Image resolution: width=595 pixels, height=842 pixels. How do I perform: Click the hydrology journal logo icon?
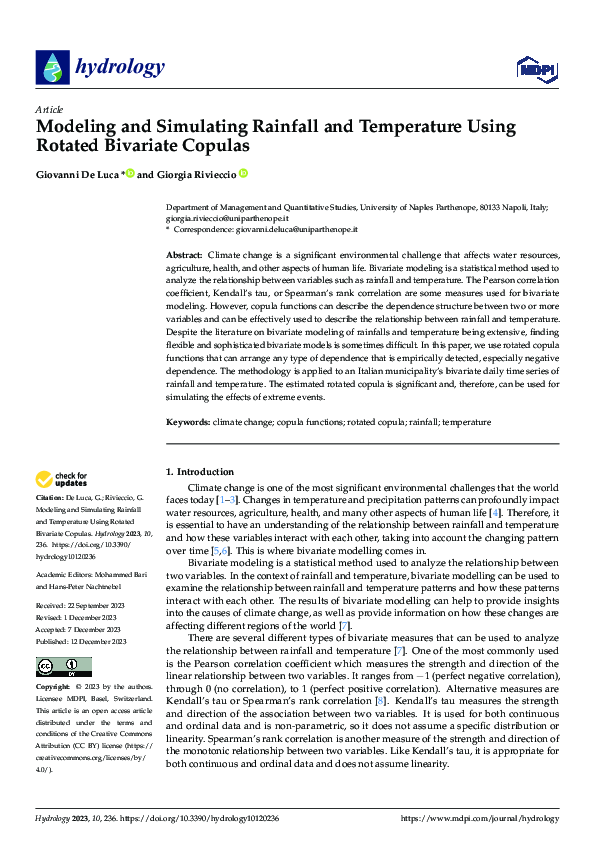click(51, 68)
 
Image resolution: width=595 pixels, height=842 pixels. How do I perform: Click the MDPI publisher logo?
click(537, 68)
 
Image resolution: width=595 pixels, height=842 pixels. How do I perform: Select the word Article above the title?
click(49, 109)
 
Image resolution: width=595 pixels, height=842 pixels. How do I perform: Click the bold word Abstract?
click(184, 256)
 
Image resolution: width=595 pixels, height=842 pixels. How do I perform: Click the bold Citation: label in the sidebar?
click(52, 498)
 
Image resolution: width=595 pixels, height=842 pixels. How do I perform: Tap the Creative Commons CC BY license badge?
click(63, 667)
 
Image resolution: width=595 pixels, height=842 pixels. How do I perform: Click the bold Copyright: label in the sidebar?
click(53, 688)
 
